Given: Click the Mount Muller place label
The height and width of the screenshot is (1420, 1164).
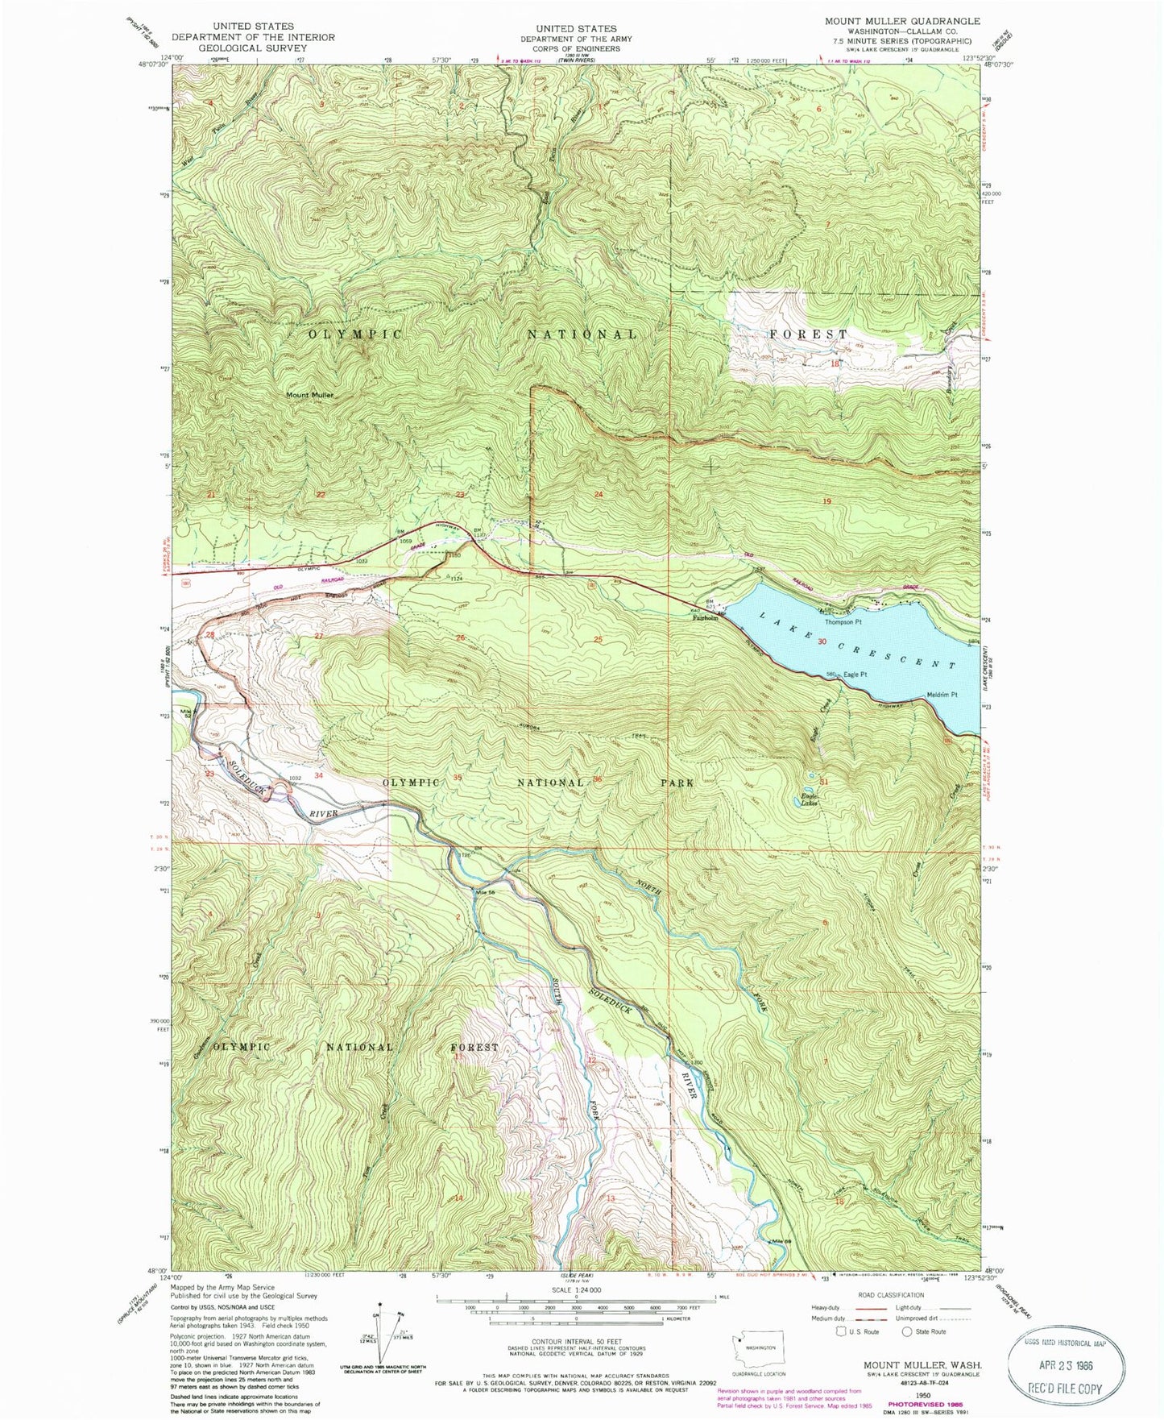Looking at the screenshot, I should click(x=310, y=395).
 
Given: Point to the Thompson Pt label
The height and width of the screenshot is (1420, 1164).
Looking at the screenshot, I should click(x=843, y=622).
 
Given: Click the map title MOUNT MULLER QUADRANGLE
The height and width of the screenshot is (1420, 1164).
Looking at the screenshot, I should click(x=902, y=21).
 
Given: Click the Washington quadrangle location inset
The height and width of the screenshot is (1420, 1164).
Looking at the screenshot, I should click(x=759, y=1347).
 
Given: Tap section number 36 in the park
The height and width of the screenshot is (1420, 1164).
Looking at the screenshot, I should click(x=598, y=778).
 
